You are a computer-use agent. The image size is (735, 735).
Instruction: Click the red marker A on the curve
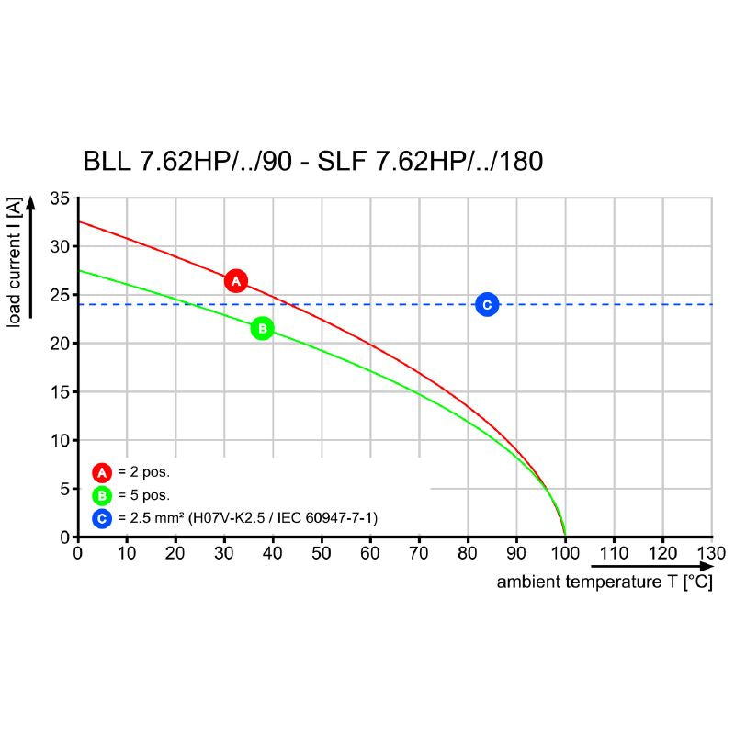(x=236, y=281)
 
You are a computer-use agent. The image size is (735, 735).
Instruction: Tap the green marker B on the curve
(x=262, y=328)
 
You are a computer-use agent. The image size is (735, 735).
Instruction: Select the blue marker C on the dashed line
(x=488, y=304)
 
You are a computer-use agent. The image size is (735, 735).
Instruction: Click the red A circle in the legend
(x=101, y=472)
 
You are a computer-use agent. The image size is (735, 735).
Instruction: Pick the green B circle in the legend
(x=101, y=496)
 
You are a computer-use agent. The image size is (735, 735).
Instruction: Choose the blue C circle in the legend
(x=101, y=519)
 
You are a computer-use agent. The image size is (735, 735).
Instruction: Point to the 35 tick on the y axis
(x=61, y=198)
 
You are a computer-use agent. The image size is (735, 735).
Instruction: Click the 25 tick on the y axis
(x=61, y=295)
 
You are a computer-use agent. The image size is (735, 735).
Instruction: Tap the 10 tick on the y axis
(x=61, y=440)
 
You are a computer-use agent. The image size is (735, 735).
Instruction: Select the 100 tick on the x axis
(x=564, y=553)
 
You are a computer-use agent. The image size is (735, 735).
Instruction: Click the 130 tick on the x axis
(x=711, y=553)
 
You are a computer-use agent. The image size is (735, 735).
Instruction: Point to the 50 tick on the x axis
(x=321, y=553)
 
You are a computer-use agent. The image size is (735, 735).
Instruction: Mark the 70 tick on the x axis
(x=418, y=553)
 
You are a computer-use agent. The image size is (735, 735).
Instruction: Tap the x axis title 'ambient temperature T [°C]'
(x=604, y=582)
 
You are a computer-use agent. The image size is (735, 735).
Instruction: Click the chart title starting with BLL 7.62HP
(x=313, y=162)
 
